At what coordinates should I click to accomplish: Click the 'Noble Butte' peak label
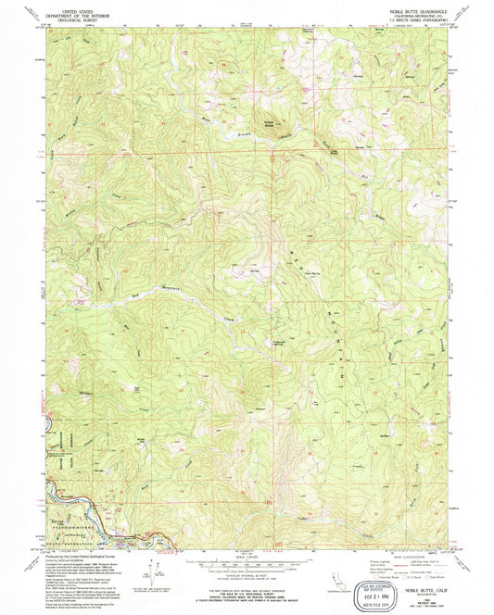268,123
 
